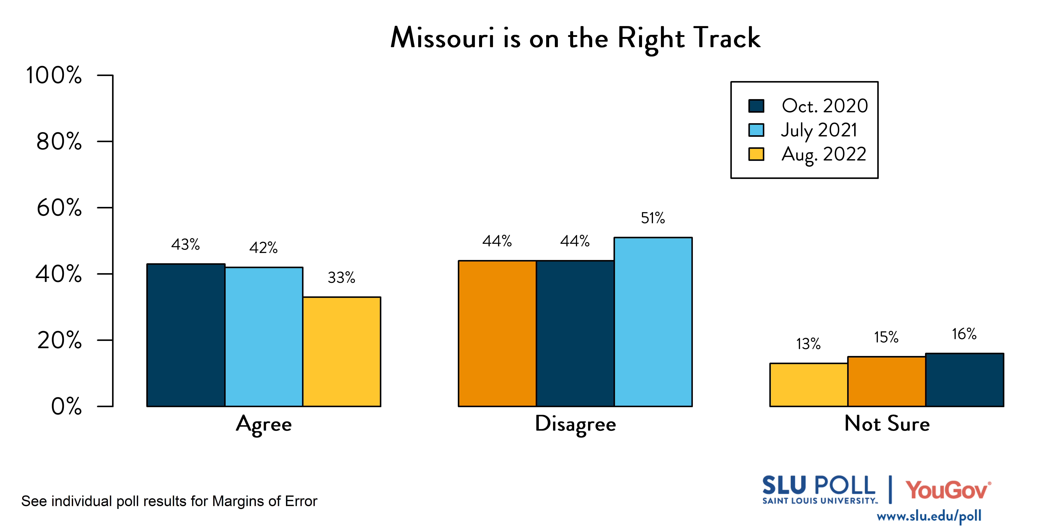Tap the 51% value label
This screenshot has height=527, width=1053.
653,218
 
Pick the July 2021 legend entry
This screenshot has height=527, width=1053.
819,130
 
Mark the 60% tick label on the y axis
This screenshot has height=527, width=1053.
59,208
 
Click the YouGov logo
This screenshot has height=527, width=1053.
948,490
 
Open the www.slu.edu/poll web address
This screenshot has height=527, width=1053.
929,516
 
